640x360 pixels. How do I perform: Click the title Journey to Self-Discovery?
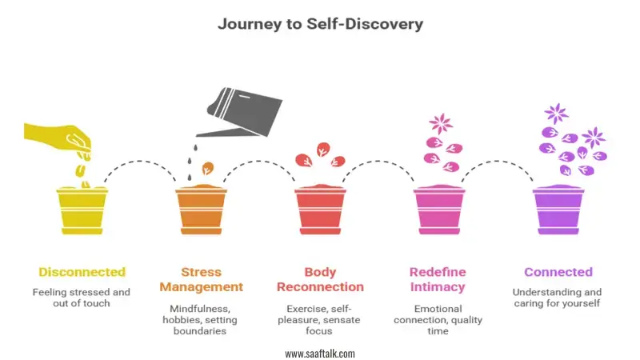[x=321, y=24]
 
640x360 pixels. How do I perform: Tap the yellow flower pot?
[x=82, y=210]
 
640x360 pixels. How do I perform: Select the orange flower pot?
[x=202, y=210]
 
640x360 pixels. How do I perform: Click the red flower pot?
[x=321, y=210]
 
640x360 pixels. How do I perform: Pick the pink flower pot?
[x=439, y=210]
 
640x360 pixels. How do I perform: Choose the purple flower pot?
[x=558, y=210]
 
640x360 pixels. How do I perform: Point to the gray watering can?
[x=241, y=112]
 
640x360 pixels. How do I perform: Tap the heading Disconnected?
[x=82, y=272]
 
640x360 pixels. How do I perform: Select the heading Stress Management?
[x=202, y=279]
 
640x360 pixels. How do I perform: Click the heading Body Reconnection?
[x=321, y=279]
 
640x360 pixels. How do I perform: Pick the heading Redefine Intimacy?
[x=438, y=279]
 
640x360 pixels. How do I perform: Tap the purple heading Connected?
[x=558, y=272]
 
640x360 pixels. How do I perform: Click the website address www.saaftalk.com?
[x=320, y=354]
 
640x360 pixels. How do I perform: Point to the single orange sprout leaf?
[x=208, y=168]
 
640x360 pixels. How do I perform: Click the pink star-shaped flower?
[x=441, y=124]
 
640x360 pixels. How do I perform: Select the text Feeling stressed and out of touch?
[x=82, y=298]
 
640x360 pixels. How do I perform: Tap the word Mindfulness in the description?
[x=200, y=309]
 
